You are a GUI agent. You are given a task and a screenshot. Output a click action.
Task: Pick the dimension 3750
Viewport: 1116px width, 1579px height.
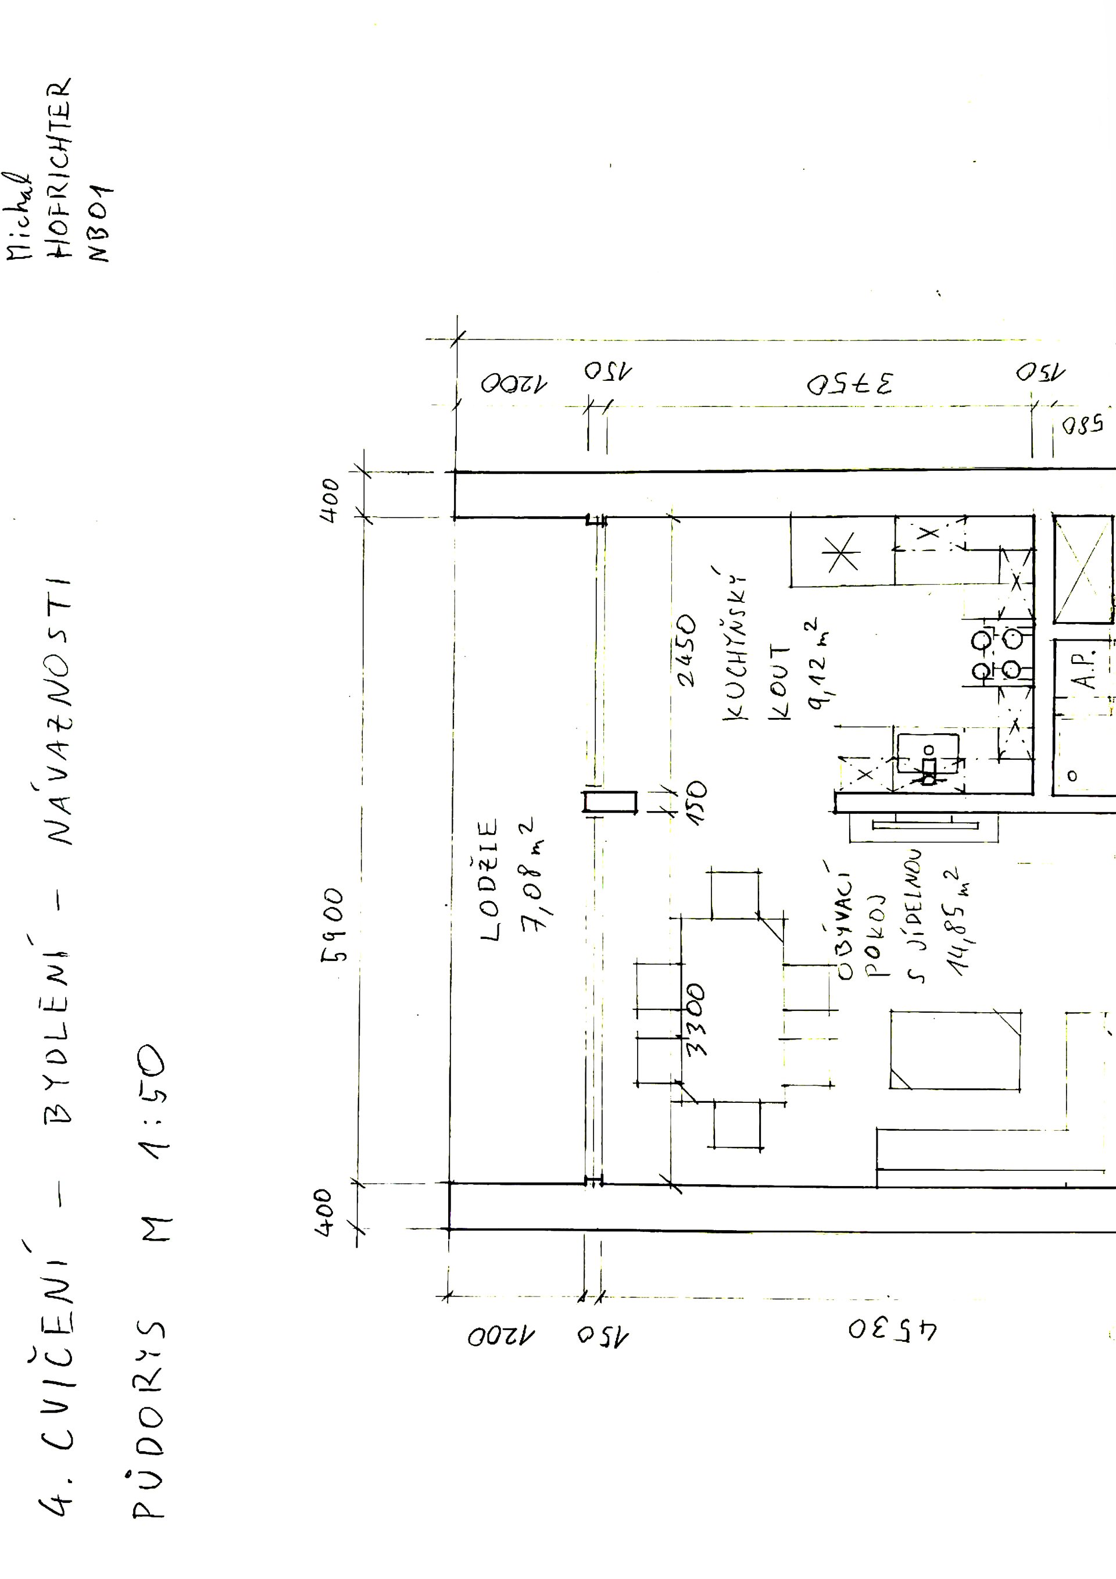pyautogui.click(x=850, y=384)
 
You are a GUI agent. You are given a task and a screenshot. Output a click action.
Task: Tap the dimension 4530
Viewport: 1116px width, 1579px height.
pyautogui.click(x=892, y=1330)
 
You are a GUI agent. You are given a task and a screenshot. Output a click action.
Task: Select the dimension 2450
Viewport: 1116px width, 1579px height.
pyautogui.click(x=687, y=650)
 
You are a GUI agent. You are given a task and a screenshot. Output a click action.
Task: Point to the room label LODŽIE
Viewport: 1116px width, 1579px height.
pyautogui.click(x=489, y=880)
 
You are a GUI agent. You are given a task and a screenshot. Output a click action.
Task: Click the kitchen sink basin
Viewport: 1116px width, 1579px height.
pyautogui.click(x=928, y=753)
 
